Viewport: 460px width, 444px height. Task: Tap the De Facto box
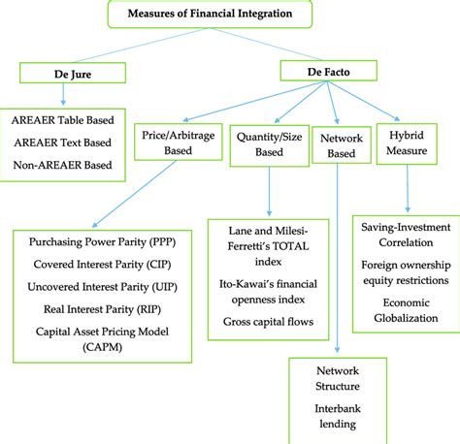pos(315,70)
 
